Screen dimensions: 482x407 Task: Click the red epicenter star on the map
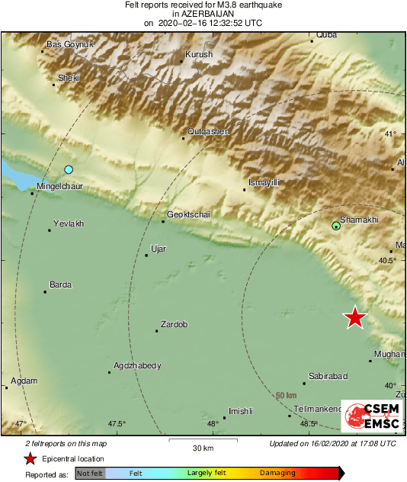point(354,317)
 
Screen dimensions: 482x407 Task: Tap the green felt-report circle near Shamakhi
point(336,226)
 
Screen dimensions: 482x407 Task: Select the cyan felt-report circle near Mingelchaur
point(69,169)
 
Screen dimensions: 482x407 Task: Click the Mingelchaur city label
point(59,185)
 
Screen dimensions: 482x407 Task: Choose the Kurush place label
point(199,54)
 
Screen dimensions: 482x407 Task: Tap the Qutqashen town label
point(208,131)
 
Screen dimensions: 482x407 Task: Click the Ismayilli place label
point(264,183)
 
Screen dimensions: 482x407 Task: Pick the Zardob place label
point(174,324)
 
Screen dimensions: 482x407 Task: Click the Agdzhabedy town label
point(137,365)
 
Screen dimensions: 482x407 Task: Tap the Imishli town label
point(240,411)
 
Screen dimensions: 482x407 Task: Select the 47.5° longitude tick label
point(117,424)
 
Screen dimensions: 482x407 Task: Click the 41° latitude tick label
point(390,134)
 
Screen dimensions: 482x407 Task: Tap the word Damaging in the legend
point(277,473)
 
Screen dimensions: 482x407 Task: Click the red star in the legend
point(30,458)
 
